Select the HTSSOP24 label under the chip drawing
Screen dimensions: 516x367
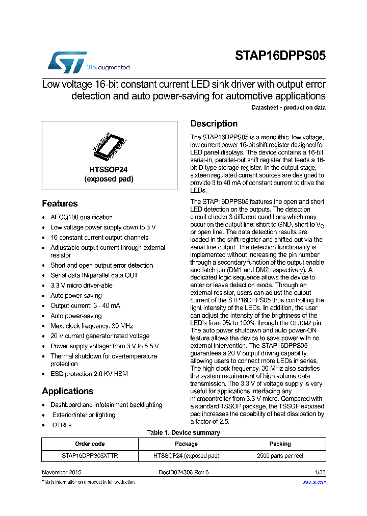tap(109, 170)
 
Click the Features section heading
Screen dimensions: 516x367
tap(60, 203)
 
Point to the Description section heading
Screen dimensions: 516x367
tap(214, 124)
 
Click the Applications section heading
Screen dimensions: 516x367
tap(67, 391)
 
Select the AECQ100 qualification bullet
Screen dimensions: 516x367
tap(82, 217)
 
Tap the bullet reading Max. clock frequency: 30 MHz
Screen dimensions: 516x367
tap(92, 326)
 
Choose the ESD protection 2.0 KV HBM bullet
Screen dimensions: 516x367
tap(89, 374)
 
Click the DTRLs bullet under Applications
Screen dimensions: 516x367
tap(62, 425)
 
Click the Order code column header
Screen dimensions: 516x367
tap(90, 444)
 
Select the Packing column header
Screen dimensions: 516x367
tap(280, 444)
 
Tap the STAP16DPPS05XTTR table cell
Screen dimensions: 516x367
tap(90, 456)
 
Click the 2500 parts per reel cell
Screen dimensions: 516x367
tap(280, 456)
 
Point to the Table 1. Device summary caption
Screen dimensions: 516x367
tap(183, 433)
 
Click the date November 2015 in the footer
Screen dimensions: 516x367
tap(61, 473)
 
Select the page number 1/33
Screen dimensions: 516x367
tap(320, 473)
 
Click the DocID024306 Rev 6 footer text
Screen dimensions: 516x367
tap(183, 473)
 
